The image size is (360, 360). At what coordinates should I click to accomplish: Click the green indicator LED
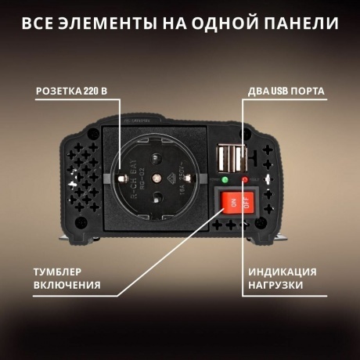pyautogui.click(x=225, y=180)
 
